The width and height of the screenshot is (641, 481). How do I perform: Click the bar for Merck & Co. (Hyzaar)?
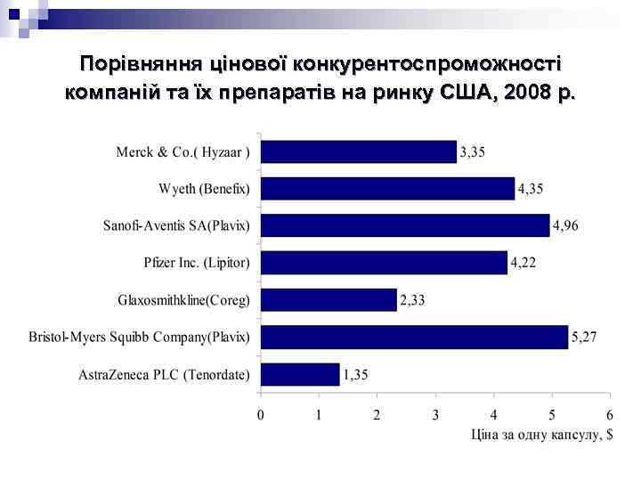[x=358, y=151]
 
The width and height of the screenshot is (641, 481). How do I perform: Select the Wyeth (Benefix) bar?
[x=387, y=188]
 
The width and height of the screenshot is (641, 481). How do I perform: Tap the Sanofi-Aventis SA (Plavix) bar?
[x=405, y=225]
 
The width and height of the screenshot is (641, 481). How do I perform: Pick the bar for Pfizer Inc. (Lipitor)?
[x=384, y=262]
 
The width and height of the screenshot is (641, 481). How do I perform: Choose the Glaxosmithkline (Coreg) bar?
[x=329, y=299]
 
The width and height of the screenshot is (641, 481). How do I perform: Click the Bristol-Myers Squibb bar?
[x=414, y=337]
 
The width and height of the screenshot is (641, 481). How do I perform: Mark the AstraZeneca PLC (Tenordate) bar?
[x=300, y=374]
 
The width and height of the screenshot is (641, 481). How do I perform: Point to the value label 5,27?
[x=585, y=337]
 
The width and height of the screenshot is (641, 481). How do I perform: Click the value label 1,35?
[x=357, y=374]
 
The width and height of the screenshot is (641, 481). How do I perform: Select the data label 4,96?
[x=566, y=225]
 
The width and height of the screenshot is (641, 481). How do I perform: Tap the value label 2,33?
[x=413, y=299]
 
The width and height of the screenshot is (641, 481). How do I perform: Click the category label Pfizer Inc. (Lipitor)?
[x=197, y=263]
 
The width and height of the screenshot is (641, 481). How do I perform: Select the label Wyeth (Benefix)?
[x=205, y=189]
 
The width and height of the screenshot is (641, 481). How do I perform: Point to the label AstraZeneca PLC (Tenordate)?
[x=165, y=374]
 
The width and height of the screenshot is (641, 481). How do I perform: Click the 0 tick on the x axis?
[x=261, y=415]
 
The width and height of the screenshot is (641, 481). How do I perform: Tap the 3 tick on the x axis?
[x=435, y=415]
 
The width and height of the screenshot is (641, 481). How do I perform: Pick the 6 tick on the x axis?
[x=610, y=415]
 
